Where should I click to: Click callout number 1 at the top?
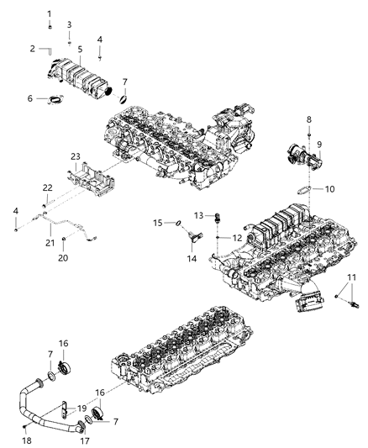click(49, 13)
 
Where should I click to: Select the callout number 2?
click(32, 48)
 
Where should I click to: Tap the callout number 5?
click(81, 49)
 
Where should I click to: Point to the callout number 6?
click(31, 99)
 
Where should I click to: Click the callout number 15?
click(157, 223)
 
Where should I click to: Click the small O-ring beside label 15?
click(177, 224)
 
